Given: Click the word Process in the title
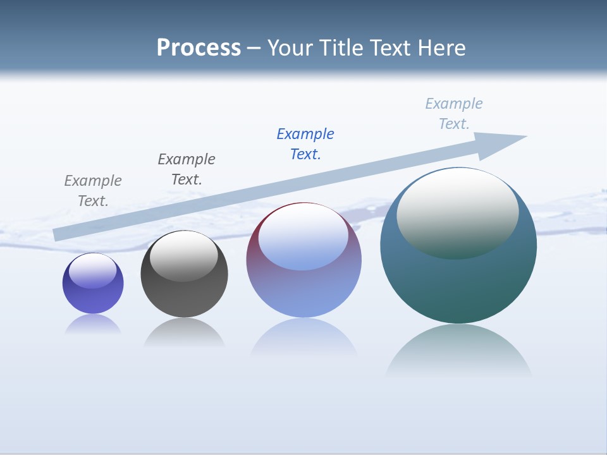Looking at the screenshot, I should click(x=199, y=48).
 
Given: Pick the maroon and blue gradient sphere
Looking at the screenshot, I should click(x=303, y=291).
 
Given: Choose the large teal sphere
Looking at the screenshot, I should click(x=458, y=284).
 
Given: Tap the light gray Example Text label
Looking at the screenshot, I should click(x=93, y=191).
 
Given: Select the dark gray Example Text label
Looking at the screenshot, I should click(x=187, y=169).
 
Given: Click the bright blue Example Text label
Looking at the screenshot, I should click(x=305, y=144).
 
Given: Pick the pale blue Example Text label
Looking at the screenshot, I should click(x=454, y=114).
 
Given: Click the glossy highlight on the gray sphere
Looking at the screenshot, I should click(x=184, y=256).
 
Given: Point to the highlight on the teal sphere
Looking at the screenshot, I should click(x=457, y=212).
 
